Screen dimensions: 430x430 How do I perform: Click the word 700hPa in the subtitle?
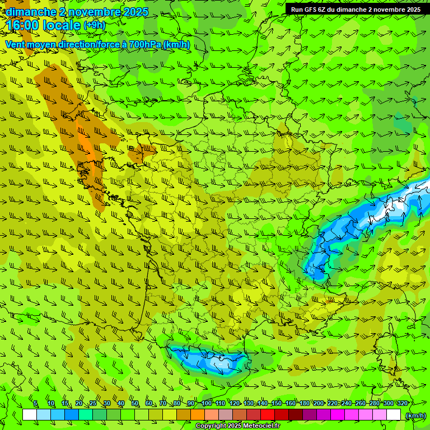145,44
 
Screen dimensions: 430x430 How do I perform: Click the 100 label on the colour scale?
207,404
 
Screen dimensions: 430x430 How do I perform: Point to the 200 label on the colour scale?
319,404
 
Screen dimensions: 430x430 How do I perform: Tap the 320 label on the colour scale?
403,404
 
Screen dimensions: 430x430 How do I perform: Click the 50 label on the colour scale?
135,404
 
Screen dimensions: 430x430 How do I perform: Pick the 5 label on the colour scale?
35,404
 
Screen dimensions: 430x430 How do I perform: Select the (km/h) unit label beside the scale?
415,415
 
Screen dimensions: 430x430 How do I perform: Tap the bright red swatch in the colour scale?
268,415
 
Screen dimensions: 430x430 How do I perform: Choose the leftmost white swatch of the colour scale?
30,415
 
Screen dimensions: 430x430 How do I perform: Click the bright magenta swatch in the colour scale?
338,415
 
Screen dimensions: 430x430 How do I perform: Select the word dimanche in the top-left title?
30,12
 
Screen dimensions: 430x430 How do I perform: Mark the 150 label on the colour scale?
277,404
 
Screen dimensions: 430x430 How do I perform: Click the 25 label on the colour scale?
93,404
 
